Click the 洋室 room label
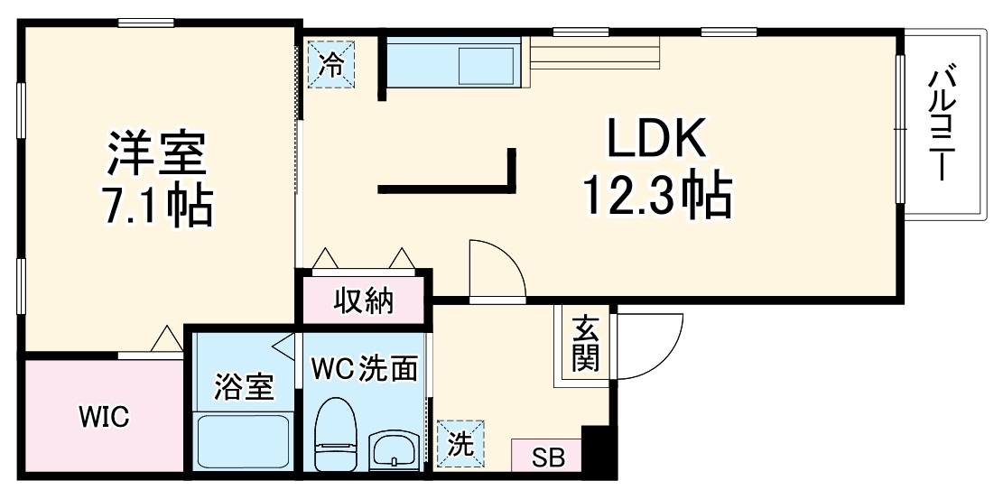tap(159, 153)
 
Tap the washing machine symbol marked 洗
tap(460, 444)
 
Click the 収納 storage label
tap(365, 300)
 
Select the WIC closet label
tap(104, 417)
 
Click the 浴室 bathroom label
tap(244, 388)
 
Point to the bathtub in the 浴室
tap(242, 442)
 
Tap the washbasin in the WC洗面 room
tap(394, 446)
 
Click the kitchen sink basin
tap(488, 63)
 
